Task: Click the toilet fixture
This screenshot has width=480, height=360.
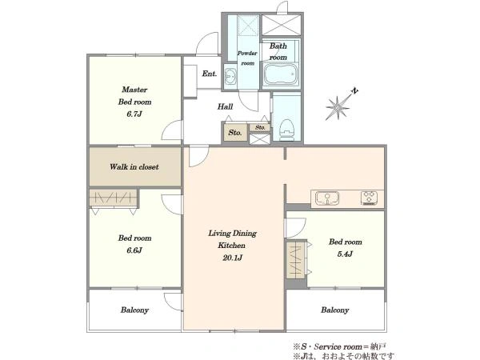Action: [x=286, y=129]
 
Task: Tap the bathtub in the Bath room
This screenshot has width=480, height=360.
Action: [x=281, y=74]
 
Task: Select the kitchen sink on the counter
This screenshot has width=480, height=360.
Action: [x=327, y=198]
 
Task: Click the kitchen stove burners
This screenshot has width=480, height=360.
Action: [x=369, y=198]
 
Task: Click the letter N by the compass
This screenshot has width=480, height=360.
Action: [x=354, y=91]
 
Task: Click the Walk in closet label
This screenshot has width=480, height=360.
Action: [x=134, y=167]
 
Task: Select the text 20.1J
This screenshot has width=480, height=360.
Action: [x=232, y=258]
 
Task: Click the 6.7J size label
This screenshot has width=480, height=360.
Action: [x=134, y=114]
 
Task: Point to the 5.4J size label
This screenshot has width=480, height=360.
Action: [x=345, y=254]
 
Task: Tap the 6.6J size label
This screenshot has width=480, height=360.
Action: [x=134, y=250]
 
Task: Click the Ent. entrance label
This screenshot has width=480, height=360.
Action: [x=210, y=74]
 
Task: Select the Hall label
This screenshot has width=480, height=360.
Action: [x=225, y=106]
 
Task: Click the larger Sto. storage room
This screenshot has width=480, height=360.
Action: [x=235, y=132]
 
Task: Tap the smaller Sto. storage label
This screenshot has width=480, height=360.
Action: [x=260, y=127]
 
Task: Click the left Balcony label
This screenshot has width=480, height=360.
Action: [x=134, y=310]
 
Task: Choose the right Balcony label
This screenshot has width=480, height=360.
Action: [x=335, y=310]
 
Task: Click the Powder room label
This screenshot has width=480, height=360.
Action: [x=247, y=58]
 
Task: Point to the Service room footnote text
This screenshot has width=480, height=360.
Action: [x=339, y=347]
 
